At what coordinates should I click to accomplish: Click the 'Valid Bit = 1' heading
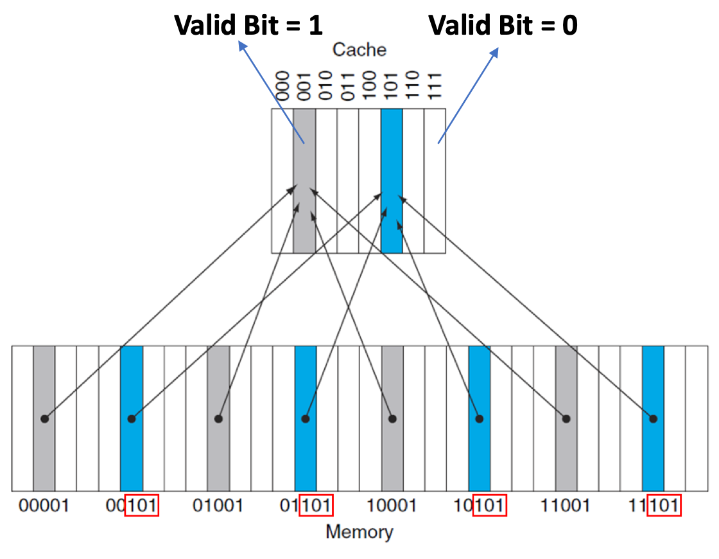[x=248, y=25]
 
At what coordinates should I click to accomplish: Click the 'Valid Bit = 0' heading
[x=503, y=25]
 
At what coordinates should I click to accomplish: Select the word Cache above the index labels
[x=359, y=49]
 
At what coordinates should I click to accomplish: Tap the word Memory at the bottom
[x=359, y=532]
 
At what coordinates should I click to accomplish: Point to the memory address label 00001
[x=44, y=506]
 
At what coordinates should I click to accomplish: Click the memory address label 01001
[x=218, y=506]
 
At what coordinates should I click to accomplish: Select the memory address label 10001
[x=392, y=506]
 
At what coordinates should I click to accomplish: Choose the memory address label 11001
[x=566, y=506]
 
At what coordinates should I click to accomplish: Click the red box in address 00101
[x=142, y=506]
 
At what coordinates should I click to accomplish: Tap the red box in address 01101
[x=316, y=506]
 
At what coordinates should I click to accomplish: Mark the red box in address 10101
[x=490, y=506]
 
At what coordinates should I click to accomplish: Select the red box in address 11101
[x=664, y=506]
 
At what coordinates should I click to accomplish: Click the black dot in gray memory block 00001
[x=44, y=418]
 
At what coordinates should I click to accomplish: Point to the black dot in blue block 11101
[x=653, y=418]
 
